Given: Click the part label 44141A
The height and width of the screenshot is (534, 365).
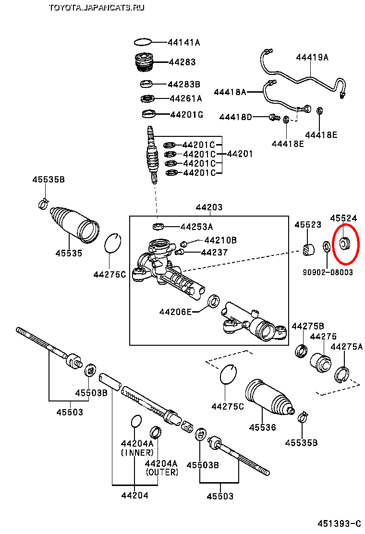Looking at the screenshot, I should pyautogui.click(x=184, y=42).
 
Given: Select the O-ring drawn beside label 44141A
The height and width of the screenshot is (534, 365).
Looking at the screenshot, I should pyautogui.click(x=143, y=42).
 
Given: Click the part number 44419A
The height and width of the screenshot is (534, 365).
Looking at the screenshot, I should pyautogui.click(x=312, y=57).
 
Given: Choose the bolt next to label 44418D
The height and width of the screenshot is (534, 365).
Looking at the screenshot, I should pyautogui.click(x=274, y=117).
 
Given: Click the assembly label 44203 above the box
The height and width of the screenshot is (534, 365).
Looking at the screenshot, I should pyautogui.click(x=209, y=207).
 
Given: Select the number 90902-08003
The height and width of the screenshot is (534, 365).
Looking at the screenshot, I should pyautogui.click(x=328, y=272).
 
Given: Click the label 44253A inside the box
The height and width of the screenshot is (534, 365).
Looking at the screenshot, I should pyautogui.click(x=196, y=227).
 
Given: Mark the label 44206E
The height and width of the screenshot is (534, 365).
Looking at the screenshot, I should pyautogui.click(x=175, y=312).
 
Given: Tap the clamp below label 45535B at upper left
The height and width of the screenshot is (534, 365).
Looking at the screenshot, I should pyautogui.click(x=43, y=204).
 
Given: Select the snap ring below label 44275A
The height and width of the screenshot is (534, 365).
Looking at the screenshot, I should pyautogui.click(x=342, y=374).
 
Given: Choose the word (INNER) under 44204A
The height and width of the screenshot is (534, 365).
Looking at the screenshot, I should pyautogui.click(x=137, y=452).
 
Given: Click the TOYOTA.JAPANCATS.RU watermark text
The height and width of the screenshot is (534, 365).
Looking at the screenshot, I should pyautogui.click(x=96, y=7).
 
